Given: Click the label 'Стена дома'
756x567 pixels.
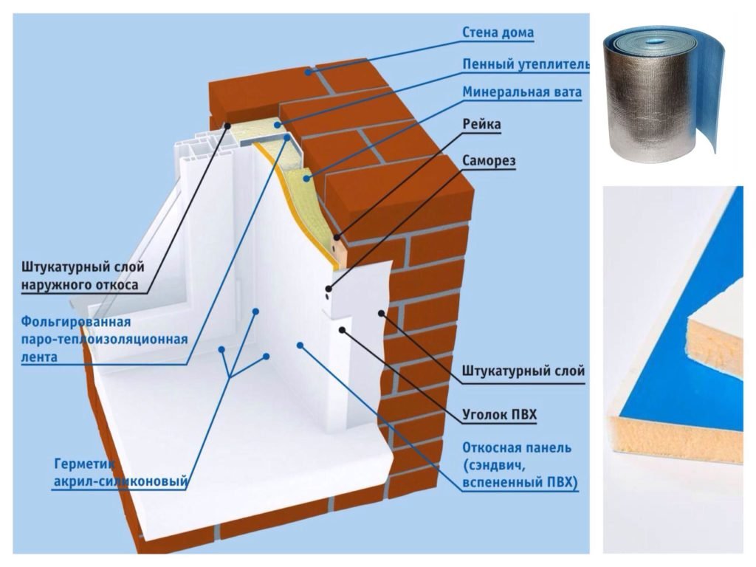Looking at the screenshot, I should coord(498,32).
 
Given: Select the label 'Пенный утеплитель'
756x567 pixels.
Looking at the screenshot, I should coord(526,64).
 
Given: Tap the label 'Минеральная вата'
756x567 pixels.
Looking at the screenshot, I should coord(522,93).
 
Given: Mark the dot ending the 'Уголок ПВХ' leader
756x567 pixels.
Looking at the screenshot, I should coord(341,330).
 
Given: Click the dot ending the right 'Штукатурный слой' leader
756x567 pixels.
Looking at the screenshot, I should coord(382,314).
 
